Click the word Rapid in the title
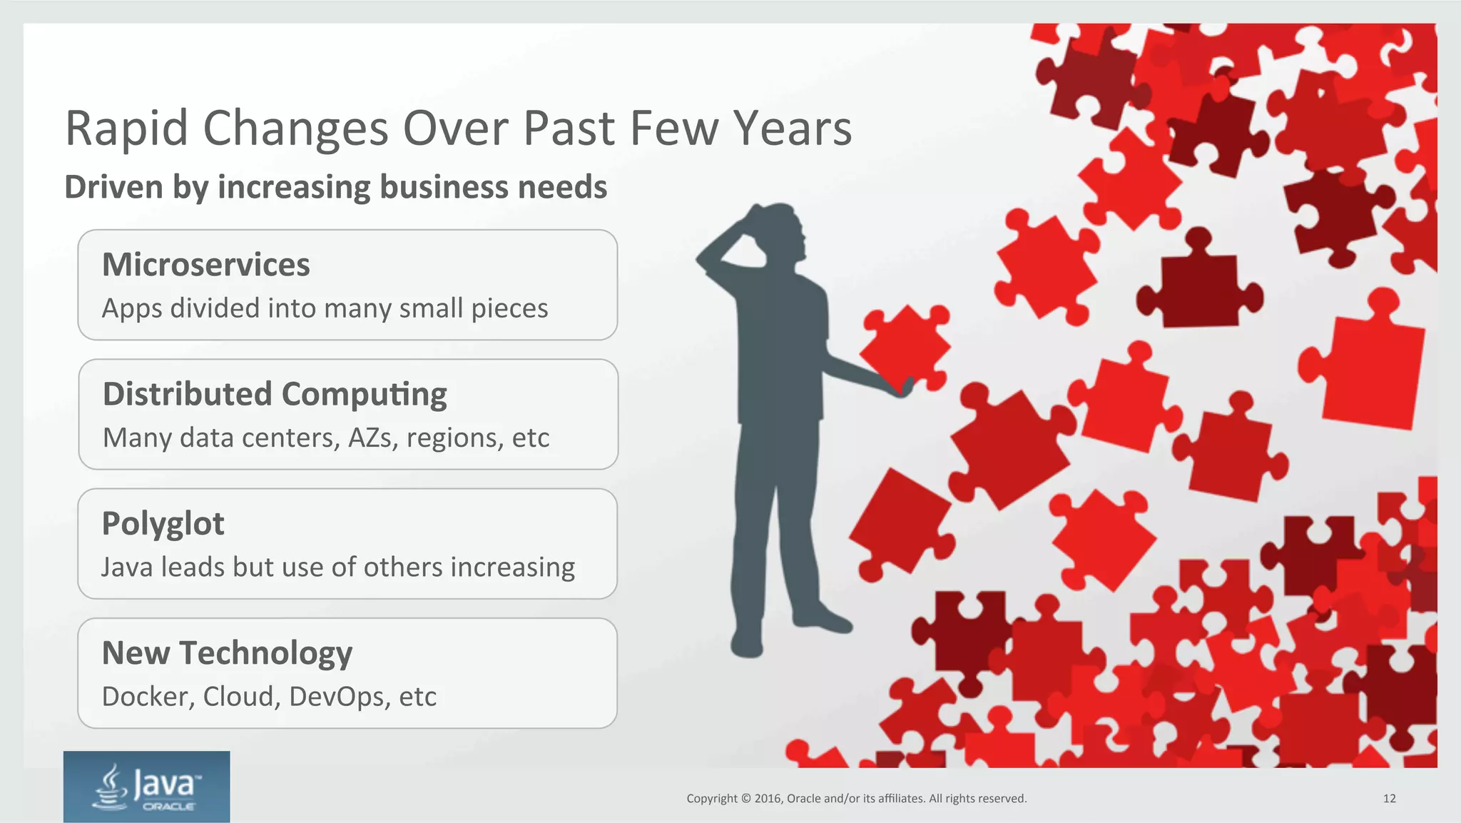click(126, 129)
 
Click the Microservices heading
click(205, 265)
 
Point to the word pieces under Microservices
click(509, 309)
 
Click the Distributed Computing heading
click(275, 394)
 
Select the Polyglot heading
click(163, 524)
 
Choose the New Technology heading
click(227, 653)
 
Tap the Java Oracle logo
click(146, 786)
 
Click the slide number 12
click(1389, 799)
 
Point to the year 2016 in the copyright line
click(768, 799)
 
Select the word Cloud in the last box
click(241, 697)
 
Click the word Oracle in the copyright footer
click(803, 799)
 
